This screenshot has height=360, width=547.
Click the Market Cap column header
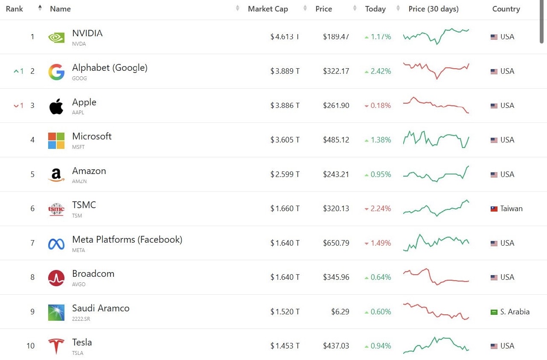click(x=268, y=9)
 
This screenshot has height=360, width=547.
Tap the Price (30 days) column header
click(x=433, y=9)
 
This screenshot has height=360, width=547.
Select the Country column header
click(x=506, y=9)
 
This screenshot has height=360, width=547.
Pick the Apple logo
click(x=56, y=106)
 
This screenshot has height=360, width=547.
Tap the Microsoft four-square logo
click(x=56, y=140)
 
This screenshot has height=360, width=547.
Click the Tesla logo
click(x=56, y=346)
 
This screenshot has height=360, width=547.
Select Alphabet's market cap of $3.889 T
click(x=285, y=71)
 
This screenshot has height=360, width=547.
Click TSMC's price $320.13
click(x=336, y=209)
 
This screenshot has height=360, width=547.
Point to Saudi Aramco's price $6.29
click(x=340, y=312)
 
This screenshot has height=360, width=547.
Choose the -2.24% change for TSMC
click(x=378, y=209)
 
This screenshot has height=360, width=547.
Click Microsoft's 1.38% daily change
click(x=378, y=140)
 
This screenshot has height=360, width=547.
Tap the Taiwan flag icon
click(x=494, y=209)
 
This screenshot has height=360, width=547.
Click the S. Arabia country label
click(x=515, y=312)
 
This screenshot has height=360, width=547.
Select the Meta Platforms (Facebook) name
click(x=127, y=240)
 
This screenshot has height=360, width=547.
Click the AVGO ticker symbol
click(x=79, y=285)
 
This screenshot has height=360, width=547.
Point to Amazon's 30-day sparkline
click(x=436, y=174)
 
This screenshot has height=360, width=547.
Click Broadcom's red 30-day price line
click(x=436, y=277)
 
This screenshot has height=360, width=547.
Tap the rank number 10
click(x=30, y=346)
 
